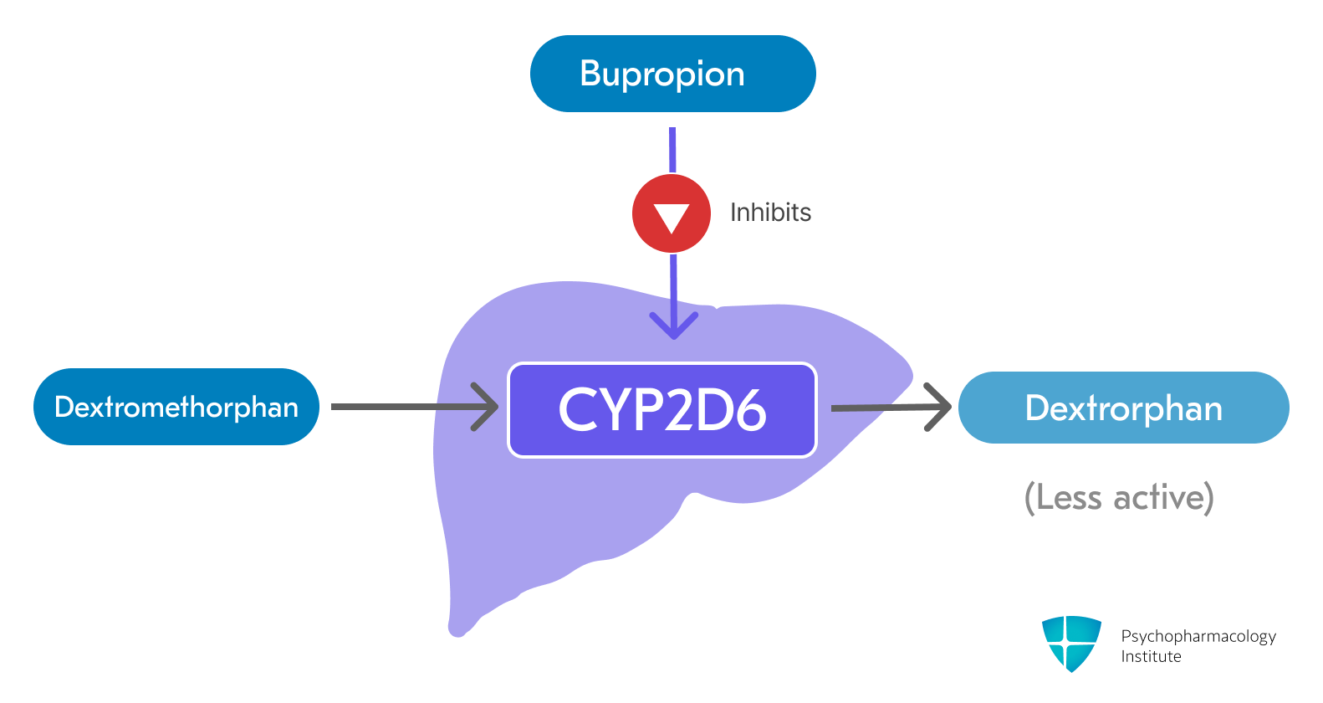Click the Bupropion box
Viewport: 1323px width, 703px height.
coord(672,74)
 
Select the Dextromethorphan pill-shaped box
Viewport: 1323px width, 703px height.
coord(176,407)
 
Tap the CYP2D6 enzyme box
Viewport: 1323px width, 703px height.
coord(662,410)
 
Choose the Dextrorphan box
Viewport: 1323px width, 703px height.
coord(1123,408)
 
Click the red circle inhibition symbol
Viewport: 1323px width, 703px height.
coord(672,213)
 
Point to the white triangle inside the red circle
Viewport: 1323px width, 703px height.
coord(672,217)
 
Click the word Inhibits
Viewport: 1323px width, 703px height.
coord(770,213)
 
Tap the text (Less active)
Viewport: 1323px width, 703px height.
coord(1119,497)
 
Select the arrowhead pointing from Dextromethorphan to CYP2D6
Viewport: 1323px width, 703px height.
coord(487,407)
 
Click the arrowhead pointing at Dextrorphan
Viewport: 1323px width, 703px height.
coord(940,407)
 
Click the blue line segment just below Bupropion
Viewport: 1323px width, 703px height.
coord(672,149)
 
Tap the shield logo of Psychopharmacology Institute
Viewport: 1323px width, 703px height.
coord(1071,642)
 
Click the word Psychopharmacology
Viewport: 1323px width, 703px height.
coord(1198,637)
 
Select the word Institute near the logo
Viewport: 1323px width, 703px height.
coord(1151,657)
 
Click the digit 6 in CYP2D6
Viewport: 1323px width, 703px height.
coord(748,410)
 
